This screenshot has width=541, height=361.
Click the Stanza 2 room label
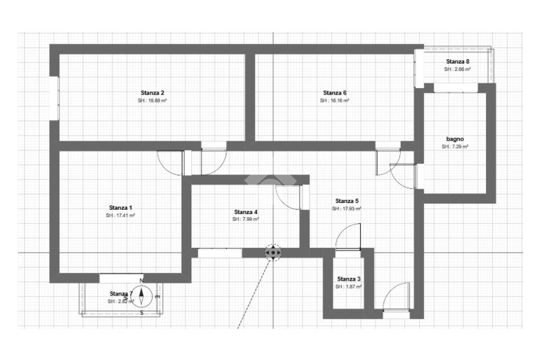pyautogui.click(x=152, y=92)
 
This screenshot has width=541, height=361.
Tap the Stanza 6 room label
pyautogui.click(x=334, y=92)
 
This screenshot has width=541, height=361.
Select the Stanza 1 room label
pyautogui.click(x=122, y=207)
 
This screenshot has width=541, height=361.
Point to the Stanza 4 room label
pyautogui.click(x=246, y=212)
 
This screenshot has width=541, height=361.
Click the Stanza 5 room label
pyautogui.click(x=347, y=201)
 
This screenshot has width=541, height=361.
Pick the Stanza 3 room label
pyautogui.click(x=349, y=279)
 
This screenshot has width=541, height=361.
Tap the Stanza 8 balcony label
pyautogui.click(x=458, y=62)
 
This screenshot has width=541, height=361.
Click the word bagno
pyautogui.click(x=455, y=139)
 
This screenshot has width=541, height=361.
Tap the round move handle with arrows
pyautogui.click(x=273, y=253)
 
